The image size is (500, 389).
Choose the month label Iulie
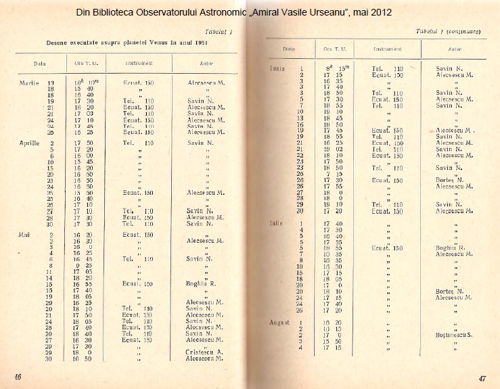276,222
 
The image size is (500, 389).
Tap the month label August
279,323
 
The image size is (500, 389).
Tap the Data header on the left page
40,64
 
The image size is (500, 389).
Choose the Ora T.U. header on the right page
329,49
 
